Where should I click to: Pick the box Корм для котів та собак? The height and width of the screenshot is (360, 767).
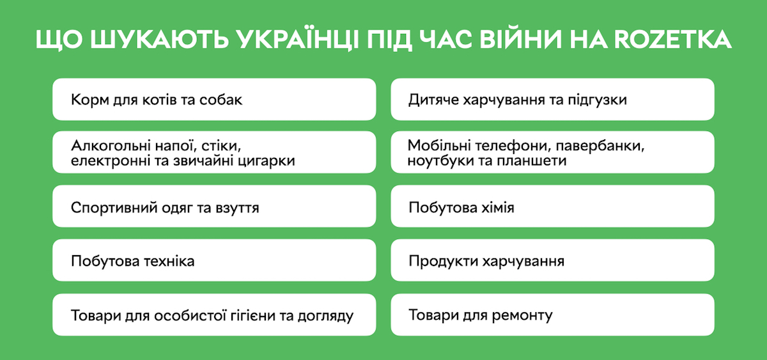tap(214, 99)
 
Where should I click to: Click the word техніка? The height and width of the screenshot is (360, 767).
tap(167, 262)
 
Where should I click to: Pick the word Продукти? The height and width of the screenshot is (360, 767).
tap(435, 262)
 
